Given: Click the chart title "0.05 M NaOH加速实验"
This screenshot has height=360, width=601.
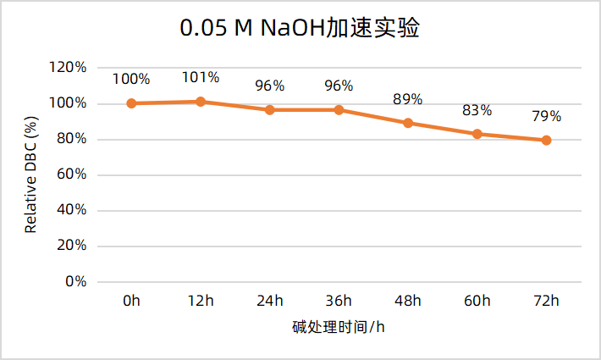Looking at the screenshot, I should click(300, 29).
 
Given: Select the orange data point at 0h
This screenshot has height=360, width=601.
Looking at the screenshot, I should click(131, 103).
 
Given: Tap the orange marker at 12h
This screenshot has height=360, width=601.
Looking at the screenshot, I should click(201, 102).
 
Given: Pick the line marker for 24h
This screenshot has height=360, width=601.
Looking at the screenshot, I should click(270, 110).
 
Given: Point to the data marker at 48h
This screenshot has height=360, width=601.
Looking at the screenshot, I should click(408, 123).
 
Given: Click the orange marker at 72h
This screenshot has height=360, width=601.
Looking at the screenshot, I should click(546, 141).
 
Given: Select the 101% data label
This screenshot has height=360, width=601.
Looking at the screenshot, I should click(201, 78).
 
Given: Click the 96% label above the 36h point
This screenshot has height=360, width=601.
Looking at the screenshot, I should click(339, 86).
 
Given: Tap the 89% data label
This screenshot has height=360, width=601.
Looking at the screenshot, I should click(407, 99).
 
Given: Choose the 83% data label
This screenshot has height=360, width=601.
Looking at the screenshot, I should click(477, 110).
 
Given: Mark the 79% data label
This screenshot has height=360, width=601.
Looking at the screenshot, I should click(546, 117).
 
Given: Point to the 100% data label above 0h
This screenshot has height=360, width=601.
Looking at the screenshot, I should click(131, 80).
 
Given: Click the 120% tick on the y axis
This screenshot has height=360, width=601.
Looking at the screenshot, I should click(69, 68).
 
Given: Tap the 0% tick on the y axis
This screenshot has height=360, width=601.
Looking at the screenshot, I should click(76, 281).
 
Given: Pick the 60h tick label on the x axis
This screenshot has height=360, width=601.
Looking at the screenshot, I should click(477, 302).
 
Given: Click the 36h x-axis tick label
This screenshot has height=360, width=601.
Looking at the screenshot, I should click(339, 302).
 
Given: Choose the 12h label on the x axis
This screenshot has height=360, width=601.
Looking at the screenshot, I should click(201, 302).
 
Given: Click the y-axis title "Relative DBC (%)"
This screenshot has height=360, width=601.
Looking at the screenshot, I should click(30, 175).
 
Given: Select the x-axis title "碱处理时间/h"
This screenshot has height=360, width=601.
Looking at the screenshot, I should click(339, 327).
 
